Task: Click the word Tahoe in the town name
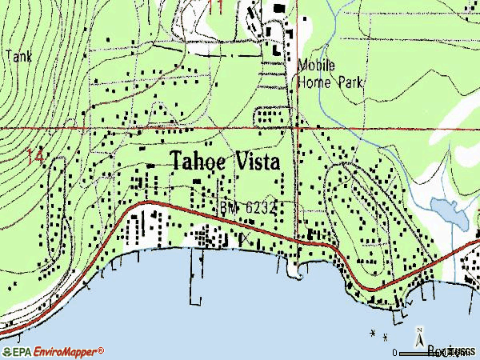pyautogui.click(x=199, y=161)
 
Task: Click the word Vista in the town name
pyautogui.click(x=257, y=161)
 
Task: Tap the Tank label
pyautogui.click(x=18, y=56)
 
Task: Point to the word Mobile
pyautogui.click(x=317, y=66)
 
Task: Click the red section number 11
pyautogui.click(x=214, y=7)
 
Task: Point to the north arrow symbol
pyautogui.click(x=420, y=338)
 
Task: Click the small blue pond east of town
pyautogui.click(x=446, y=211)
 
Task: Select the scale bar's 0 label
pyautogui.click(x=394, y=352)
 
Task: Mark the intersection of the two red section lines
pyautogui.click(x=297, y=127)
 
